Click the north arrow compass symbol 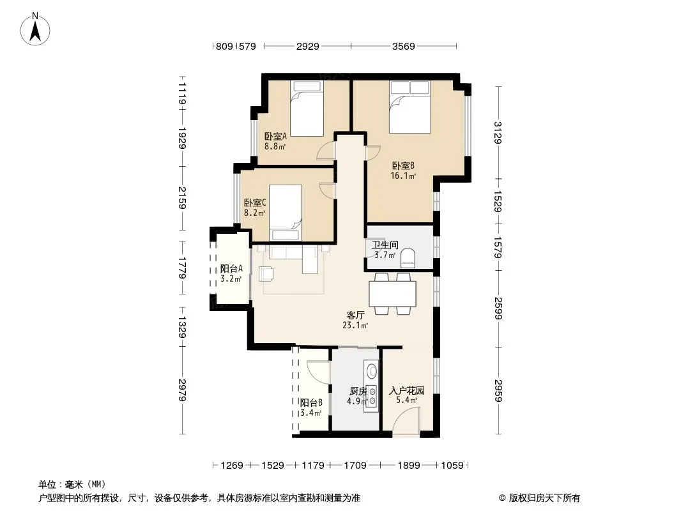35,29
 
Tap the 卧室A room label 275,136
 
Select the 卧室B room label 403,165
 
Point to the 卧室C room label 254,202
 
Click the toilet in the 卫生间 408,256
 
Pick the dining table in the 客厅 393,294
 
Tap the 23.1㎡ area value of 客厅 355,325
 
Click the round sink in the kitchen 372,371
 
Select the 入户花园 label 406,390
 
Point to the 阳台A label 231,269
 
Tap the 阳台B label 311,403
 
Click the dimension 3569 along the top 404,46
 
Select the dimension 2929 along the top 307,46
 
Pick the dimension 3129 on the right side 498,132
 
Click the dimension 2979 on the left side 183,390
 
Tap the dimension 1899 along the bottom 409,466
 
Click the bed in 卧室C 286,213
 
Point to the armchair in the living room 266,274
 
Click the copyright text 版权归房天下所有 544,498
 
